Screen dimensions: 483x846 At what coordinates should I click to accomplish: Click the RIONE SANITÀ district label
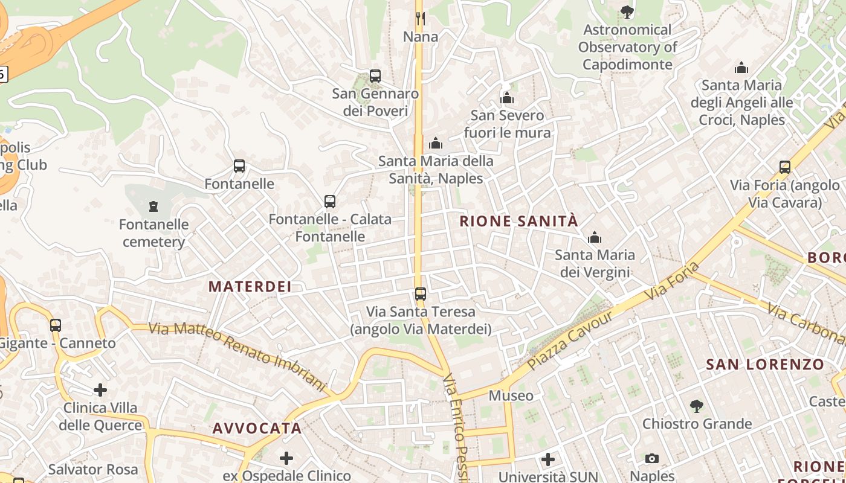(518, 221)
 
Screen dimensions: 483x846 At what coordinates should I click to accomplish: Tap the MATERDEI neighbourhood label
(250, 286)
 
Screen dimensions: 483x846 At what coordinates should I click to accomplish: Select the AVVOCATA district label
(257, 428)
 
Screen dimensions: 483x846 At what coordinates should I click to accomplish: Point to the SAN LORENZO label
(765, 364)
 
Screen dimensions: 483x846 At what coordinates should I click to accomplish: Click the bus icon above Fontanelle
(239, 166)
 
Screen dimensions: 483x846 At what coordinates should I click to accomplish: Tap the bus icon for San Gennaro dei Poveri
(375, 76)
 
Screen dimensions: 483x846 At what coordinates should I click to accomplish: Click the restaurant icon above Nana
(421, 19)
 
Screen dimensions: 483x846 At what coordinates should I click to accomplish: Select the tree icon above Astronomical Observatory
(627, 11)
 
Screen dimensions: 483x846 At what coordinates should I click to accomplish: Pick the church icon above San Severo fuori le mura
(507, 98)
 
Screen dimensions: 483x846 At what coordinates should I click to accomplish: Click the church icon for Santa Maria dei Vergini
(595, 237)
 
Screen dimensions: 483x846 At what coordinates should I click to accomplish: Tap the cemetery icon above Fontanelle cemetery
(153, 206)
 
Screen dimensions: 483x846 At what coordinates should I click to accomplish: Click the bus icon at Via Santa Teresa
(421, 294)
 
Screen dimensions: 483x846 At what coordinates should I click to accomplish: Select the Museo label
(511, 395)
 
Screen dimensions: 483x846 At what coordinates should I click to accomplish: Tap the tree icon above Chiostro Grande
(697, 406)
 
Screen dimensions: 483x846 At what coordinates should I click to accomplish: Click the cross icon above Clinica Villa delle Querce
(100, 391)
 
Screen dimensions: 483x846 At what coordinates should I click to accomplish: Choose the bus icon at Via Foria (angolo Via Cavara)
(785, 167)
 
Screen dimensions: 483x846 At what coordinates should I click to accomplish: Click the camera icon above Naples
(652, 459)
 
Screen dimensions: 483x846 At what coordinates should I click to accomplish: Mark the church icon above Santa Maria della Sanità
(436, 144)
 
